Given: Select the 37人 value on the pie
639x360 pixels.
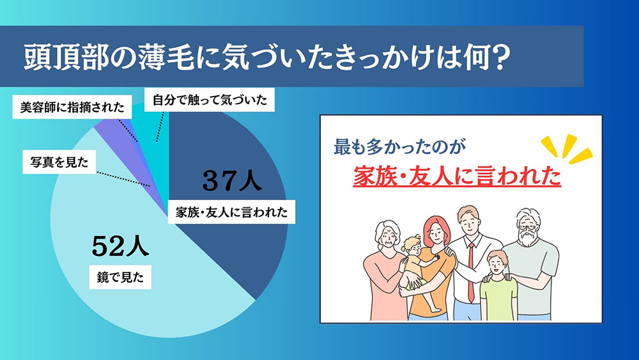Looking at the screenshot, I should pyautogui.click(x=232, y=182).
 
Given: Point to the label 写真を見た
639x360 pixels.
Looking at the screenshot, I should pyautogui.click(x=59, y=162).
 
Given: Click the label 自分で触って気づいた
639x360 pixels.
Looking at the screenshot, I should pyautogui.click(x=210, y=100).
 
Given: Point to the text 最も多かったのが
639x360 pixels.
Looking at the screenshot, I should pyautogui.click(x=397, y=146).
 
